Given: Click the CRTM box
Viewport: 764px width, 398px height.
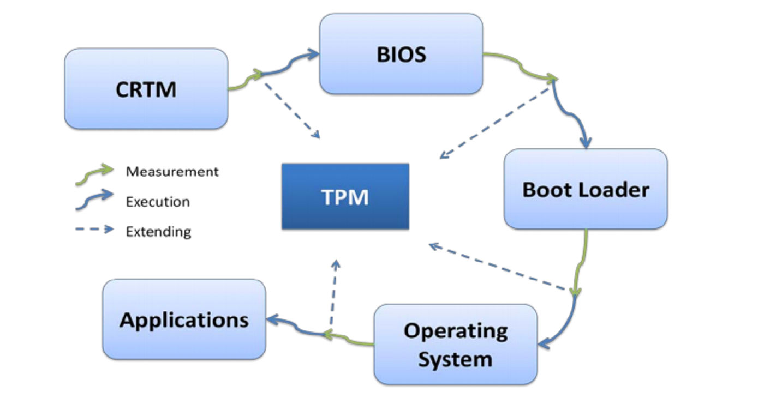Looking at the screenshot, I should (146, 89).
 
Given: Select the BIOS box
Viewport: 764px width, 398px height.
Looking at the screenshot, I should (401, 54).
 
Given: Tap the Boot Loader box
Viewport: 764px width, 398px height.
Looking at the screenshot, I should (586, 189).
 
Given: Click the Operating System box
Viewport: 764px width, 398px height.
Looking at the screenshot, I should (455, 345).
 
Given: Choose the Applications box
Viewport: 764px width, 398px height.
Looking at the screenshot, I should (184, 319).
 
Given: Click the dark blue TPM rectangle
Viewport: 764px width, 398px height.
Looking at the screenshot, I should (345, 196).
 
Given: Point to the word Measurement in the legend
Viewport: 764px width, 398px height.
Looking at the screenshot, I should (172, 172).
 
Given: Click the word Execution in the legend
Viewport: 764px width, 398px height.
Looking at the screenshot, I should (158, 202).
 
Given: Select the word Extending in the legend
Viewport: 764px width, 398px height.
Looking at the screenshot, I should (158, 232).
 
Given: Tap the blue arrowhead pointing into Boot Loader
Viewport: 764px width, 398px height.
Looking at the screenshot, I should (585, 143).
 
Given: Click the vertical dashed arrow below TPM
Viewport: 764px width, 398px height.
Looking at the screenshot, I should (333, 294).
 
